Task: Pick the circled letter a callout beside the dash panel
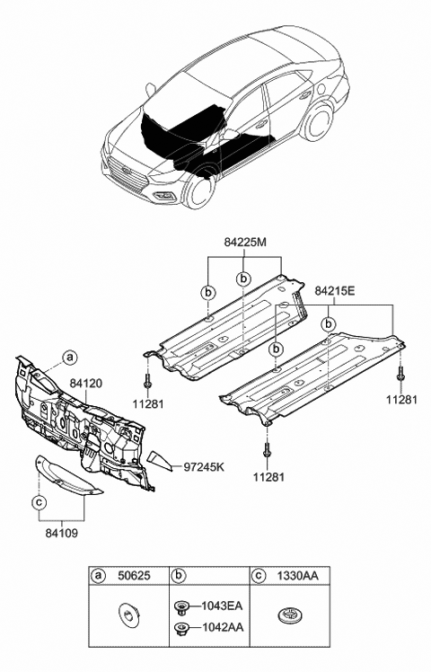point(70,357)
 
